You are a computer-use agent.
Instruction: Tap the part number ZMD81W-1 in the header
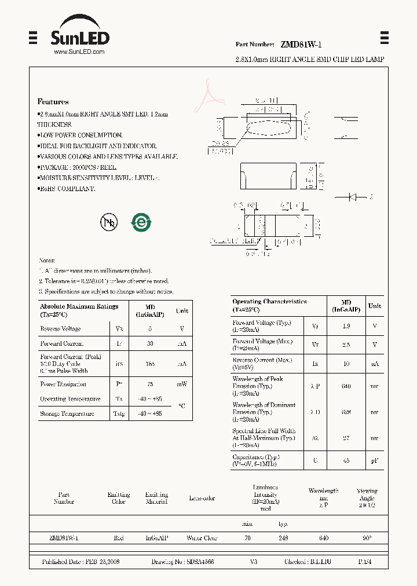(301, 45)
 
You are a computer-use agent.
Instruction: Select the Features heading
(53, 101)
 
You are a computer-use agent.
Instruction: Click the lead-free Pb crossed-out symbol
(109, 222)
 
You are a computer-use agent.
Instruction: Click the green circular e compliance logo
(141, 222)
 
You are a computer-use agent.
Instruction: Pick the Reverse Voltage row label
(60, 329)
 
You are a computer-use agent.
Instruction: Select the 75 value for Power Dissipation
(150, 384)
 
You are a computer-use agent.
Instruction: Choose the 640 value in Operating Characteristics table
(346, 383)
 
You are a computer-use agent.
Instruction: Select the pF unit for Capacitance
(375, 461)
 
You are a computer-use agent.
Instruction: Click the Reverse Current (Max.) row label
(261, 360)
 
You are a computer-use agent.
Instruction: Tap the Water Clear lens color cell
(202, 538)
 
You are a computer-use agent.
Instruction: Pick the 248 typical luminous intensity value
(283, 538)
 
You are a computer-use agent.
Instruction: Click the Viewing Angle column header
(367, 495)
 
